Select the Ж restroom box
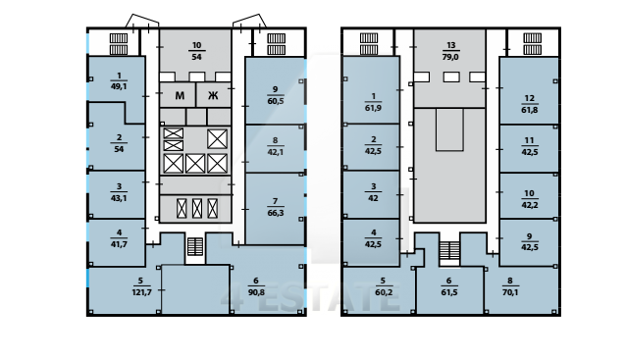pyautogui.click(x=214, y=95)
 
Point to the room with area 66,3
pyautogui.click(x=275, y=208)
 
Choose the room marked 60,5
pyautogui.click(x=275, y=90)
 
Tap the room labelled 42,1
pyautogui.click(x=275, y=148)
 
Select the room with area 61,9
pyautogui.click(x=371, y=90)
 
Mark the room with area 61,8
pyautogui.click(x=529, y=90)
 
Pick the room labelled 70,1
pyautogui.click(x=519, y=287)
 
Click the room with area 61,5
pyautogui.click(x=449, y=289)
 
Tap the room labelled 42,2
pyautogui.click(x=529, y=196)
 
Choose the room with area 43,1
pyautogui.click(x=116, y=195)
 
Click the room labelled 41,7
pyautogui.click(x=116, y=242)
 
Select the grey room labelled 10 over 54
pyautogui.click(x=195, y=51)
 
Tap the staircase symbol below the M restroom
pyautogui.click(x=195, y=246)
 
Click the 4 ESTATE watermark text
pyautogui.click(x=310, y=298)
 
